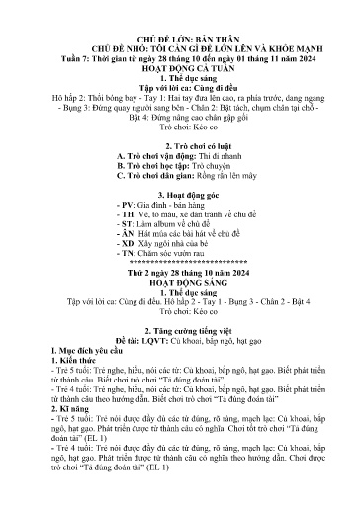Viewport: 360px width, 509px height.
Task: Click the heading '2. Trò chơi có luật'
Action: (x=179, y=145)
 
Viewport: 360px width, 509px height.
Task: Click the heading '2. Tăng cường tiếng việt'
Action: (x=180, y=359)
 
